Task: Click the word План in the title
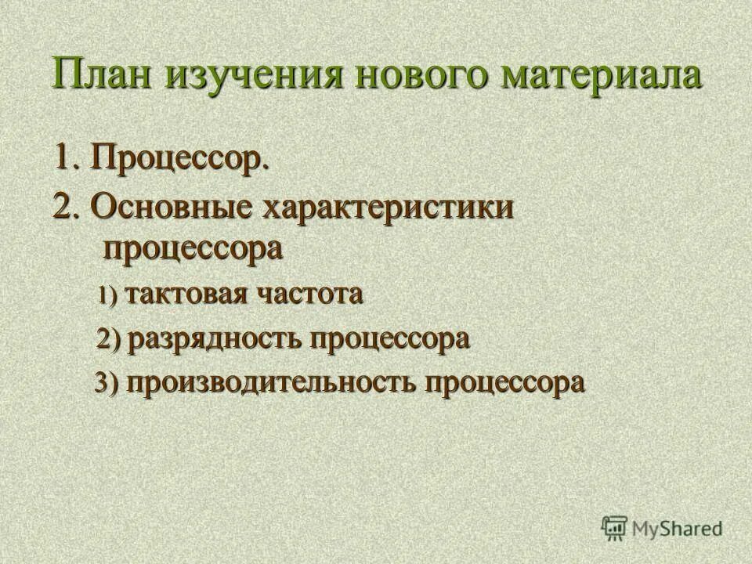coord(101,76)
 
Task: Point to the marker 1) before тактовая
coord(107,296)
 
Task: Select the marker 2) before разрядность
coord(109,341)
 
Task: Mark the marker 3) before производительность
coord(107,385)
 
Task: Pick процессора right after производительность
coord(504,385)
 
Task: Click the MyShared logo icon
coord(616,529)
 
